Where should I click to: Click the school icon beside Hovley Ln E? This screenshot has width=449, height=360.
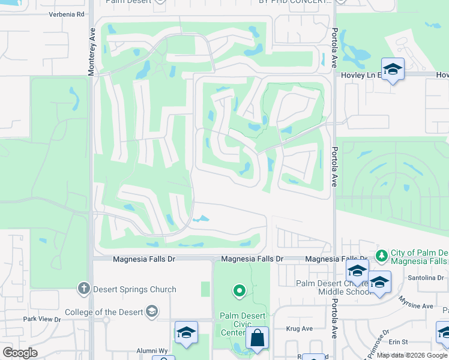(393, 70)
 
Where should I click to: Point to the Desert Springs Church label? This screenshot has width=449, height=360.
(135, 289)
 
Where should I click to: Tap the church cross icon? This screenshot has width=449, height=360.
(83, 289)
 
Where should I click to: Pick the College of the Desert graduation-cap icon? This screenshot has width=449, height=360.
(152, 311)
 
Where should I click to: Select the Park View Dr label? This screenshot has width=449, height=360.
(42, 319)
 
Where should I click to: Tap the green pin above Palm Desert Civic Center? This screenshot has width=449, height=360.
(239, 292)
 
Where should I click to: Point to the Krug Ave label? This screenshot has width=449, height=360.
(300, 328)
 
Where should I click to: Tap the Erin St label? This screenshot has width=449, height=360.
(398, 341)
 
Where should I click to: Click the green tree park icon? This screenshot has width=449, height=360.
(381, 256)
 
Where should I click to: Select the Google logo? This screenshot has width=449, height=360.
(20, 353)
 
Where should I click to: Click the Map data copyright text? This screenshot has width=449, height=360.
(412, 355)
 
